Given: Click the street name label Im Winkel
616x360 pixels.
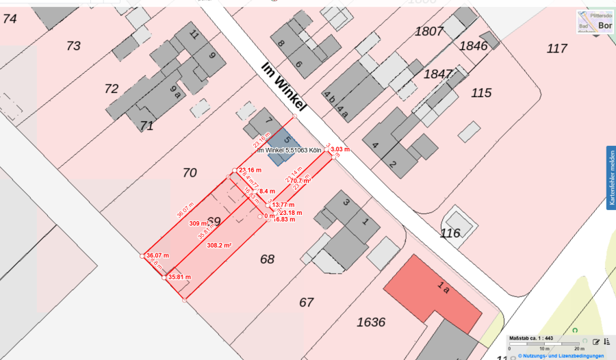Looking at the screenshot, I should click(283, 87).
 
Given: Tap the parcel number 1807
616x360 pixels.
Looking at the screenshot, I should click(428, 31).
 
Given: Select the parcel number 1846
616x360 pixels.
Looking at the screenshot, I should click(473, 46).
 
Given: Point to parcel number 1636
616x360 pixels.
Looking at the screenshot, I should click(371, 322).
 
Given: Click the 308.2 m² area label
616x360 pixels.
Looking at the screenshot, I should click(219, 244).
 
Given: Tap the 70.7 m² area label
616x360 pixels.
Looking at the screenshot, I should click(299, 181).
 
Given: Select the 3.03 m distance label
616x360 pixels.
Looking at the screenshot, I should click(339, 149).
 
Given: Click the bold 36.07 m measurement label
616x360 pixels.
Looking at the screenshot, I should click(157, 255).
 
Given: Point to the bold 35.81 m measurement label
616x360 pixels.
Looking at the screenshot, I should click(179, 277).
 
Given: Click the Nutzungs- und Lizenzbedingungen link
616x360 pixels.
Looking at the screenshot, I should click(561, 356).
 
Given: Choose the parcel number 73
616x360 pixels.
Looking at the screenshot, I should click(73, 46).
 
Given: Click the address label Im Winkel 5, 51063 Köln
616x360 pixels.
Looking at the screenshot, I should click(289, 151).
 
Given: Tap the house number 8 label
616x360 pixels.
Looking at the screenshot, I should click(281, 43).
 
